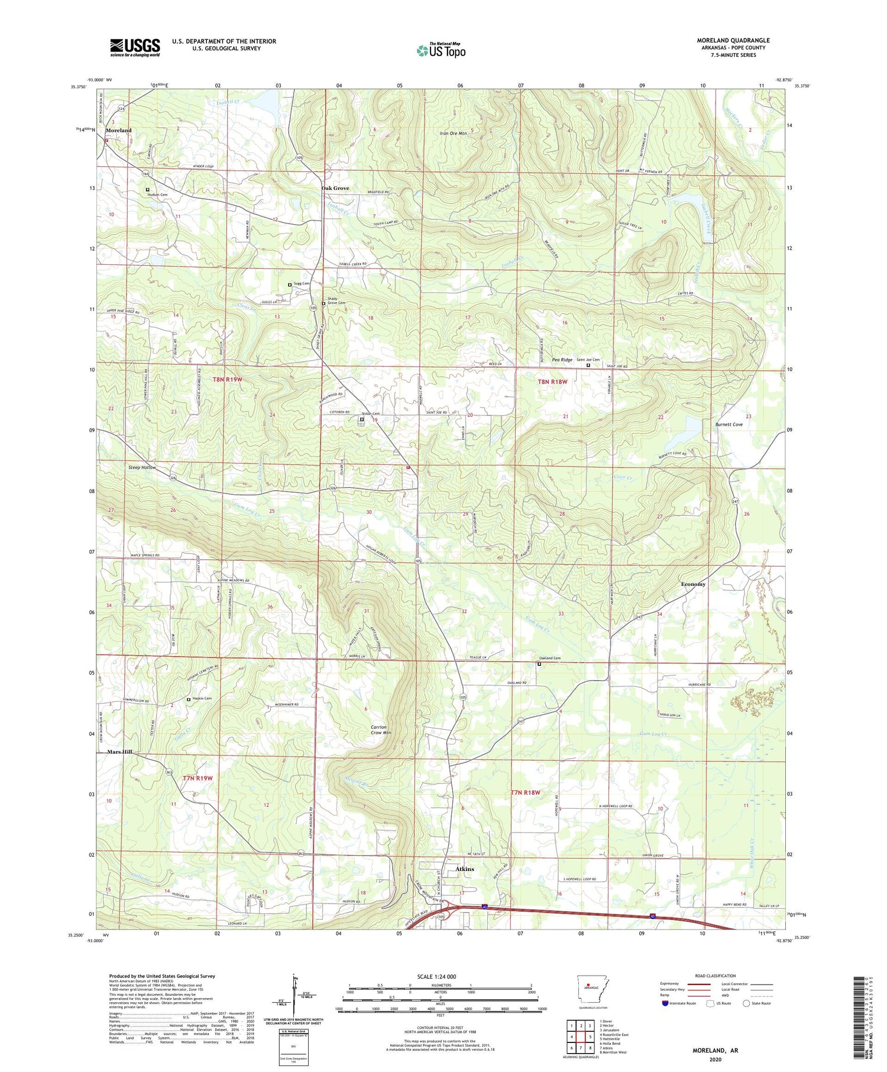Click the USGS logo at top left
135,47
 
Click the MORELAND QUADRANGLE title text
733,40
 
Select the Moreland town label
118,130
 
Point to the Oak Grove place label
335,188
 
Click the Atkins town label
465,869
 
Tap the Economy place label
693,584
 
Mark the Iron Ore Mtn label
454,134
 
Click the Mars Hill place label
119,752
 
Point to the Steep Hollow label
142,467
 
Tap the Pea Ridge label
562,360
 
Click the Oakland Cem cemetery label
549,658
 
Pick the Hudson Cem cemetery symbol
148,190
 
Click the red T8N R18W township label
552,382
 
